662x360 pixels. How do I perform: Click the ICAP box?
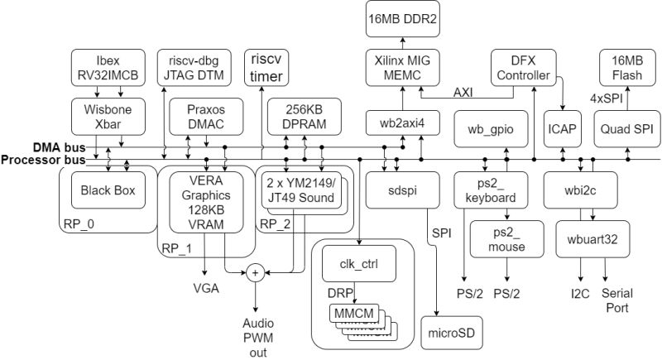(562, 132)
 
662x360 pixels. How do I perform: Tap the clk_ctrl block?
(359, 266)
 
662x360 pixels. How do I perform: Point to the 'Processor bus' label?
(34, 159)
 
